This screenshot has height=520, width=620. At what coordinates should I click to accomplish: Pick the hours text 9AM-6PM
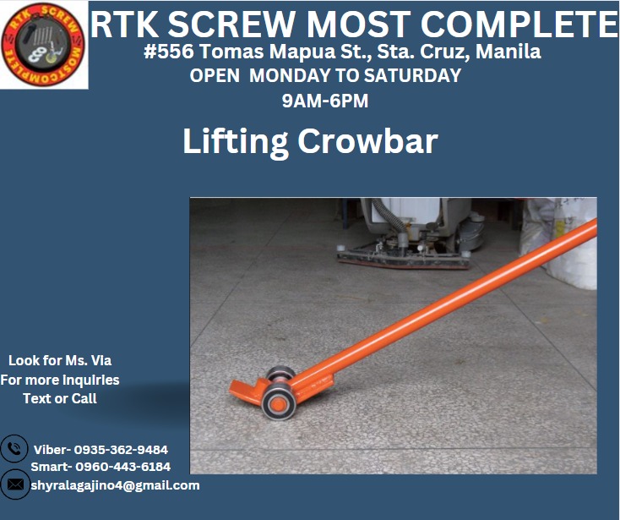point(325,101)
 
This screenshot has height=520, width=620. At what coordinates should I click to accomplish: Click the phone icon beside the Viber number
point(14,449)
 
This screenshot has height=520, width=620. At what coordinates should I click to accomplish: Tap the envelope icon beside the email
point(14,484)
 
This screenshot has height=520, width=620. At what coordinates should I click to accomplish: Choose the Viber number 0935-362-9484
point(121,450)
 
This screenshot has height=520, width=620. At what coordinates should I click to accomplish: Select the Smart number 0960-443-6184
point(122,467)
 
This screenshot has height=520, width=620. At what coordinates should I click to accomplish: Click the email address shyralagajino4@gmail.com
point(116,485)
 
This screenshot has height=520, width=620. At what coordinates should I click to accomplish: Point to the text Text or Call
point(59,398)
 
